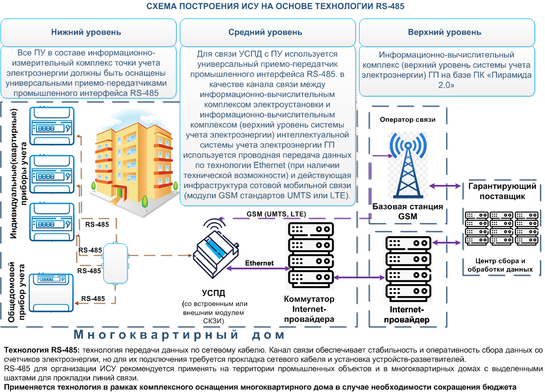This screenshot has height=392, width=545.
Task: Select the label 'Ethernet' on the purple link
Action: pos(259,262)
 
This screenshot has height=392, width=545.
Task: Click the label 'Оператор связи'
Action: pos(407,120)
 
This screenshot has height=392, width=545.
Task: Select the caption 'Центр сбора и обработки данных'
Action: pos(500,265)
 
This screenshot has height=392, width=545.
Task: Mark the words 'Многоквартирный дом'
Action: pos(180,335)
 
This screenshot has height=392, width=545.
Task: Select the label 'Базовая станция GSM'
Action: pos(407,211)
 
